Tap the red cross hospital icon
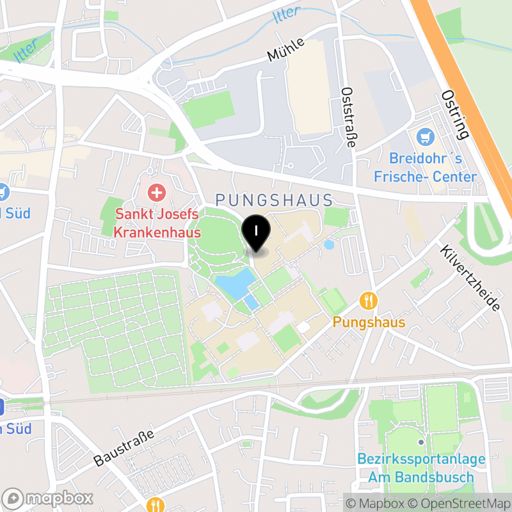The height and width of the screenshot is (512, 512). (156, 192)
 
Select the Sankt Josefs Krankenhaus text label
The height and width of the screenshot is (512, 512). (157, 223)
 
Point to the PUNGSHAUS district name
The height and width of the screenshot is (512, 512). (275, 200)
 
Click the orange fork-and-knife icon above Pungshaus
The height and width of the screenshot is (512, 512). (368, 300)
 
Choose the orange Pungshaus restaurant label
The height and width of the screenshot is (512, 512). (369, 322)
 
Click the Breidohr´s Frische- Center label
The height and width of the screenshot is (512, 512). (433, 168)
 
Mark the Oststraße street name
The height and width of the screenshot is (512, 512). (348, 118)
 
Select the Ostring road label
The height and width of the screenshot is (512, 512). (455, 114)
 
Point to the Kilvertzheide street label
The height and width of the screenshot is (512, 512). (470, 277)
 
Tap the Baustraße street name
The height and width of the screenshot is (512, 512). (124, 448)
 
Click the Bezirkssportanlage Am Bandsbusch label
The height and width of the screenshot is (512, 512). (421, 468)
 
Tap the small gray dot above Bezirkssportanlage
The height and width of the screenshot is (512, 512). (420, 442)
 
